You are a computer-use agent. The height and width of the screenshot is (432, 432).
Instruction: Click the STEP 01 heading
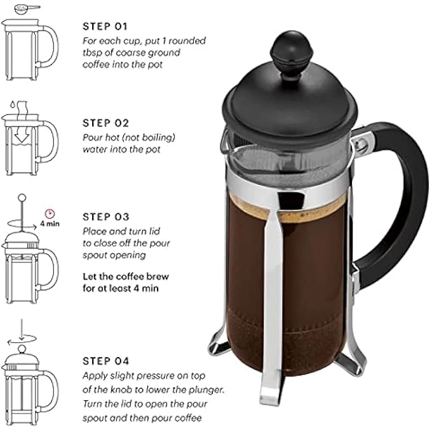click(105, 27)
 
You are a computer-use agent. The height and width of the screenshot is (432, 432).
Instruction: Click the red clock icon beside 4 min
click(48, 213)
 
